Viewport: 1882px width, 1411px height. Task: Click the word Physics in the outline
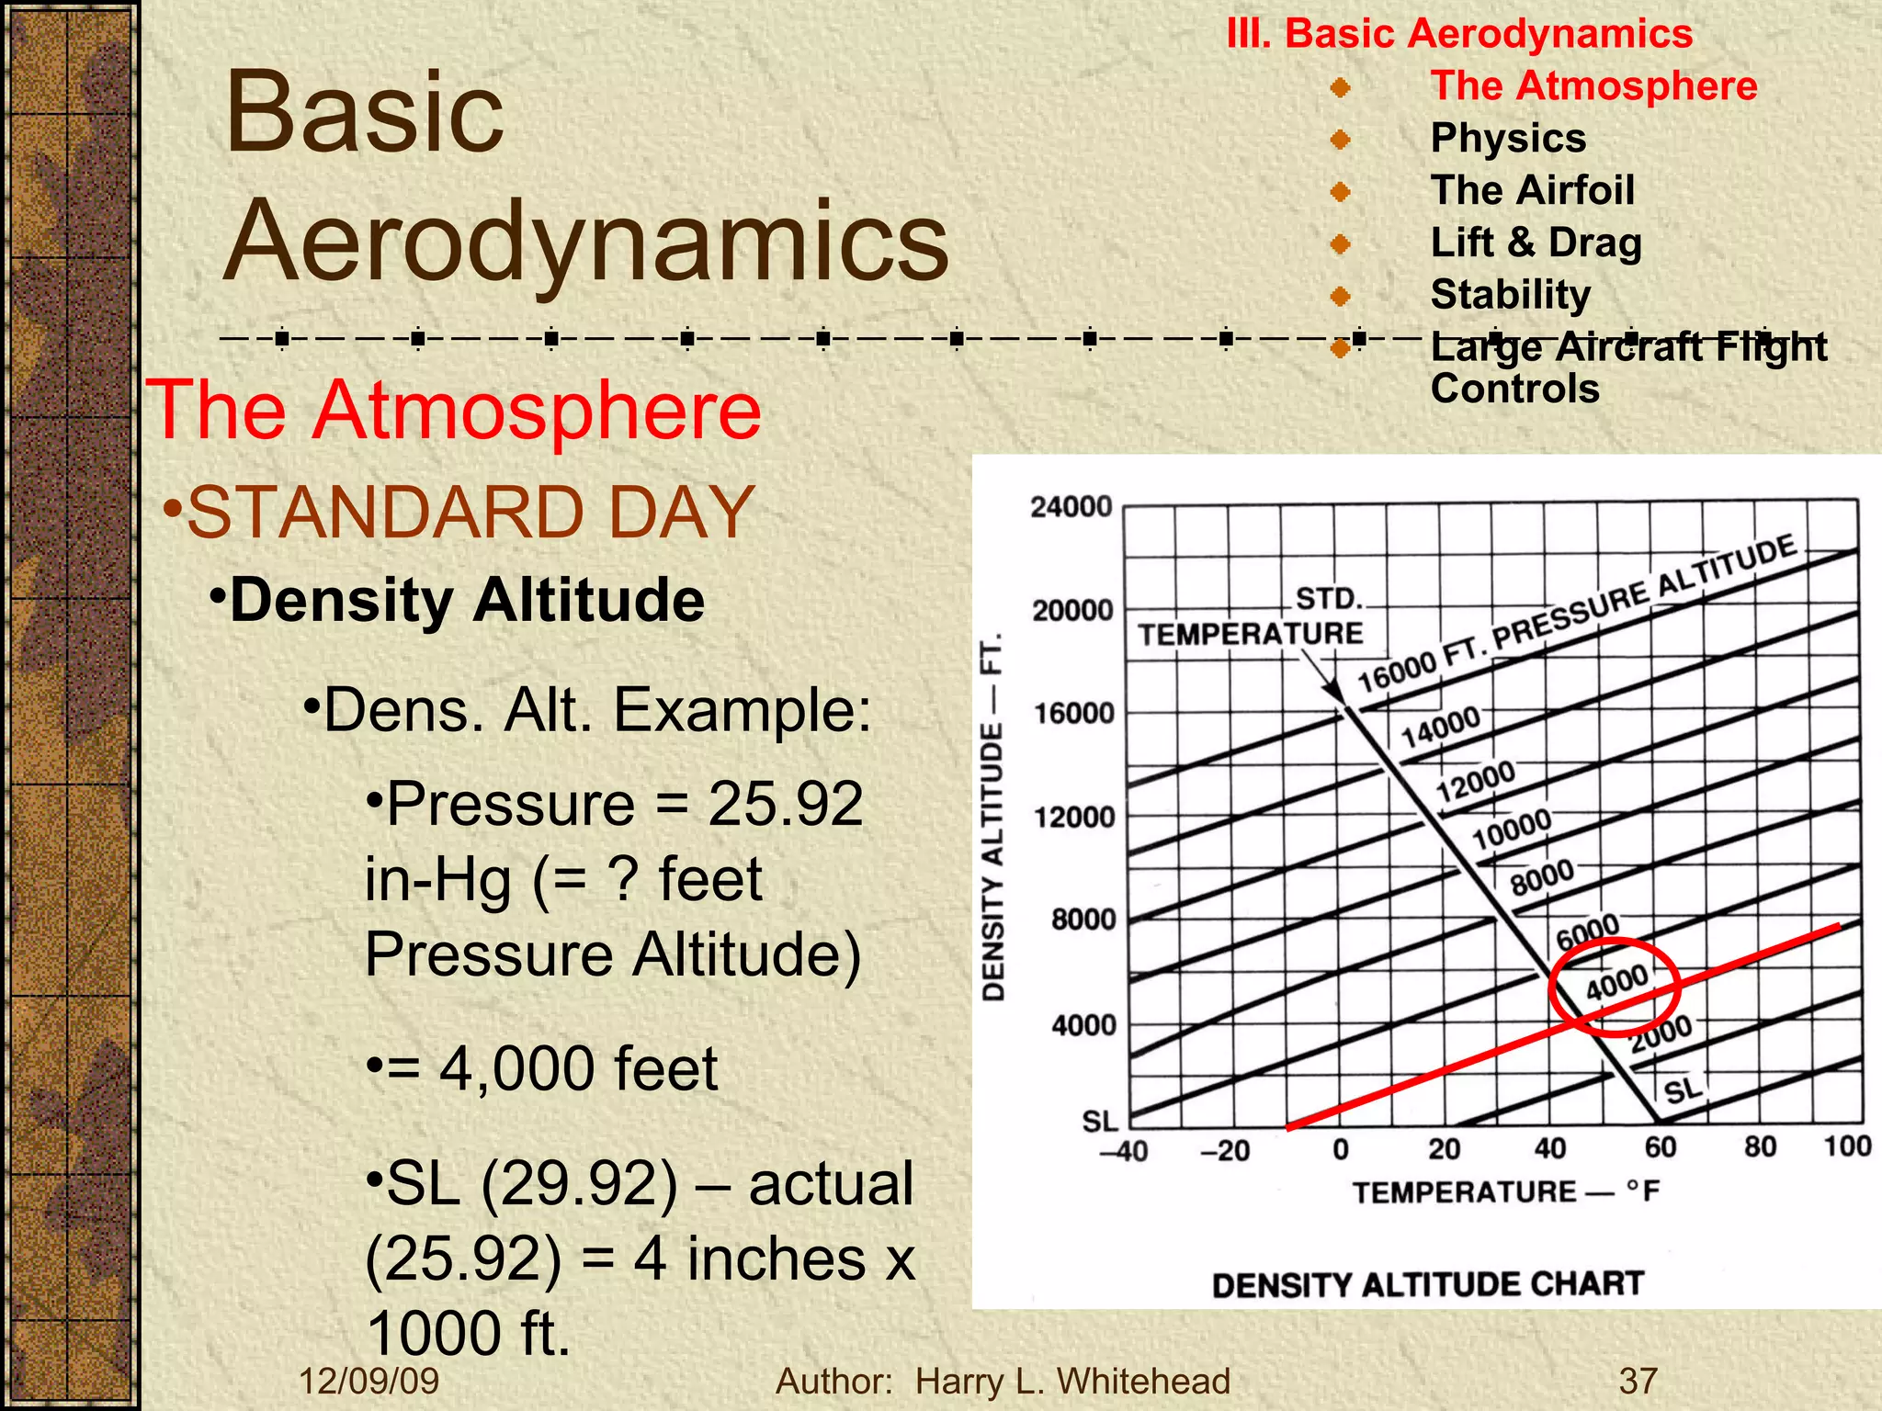tap(1508, 139)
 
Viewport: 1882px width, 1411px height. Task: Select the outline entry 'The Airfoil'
tap(1532, 191)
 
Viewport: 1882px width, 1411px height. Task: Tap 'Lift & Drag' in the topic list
tap(1536, 243)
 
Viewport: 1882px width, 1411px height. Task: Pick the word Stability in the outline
tap(1511, 295)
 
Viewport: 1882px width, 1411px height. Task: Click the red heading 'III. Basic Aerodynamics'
tap(1459, 34)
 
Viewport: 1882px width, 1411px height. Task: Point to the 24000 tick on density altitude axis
tap(1071, 507)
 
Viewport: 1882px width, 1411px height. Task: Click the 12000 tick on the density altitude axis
tap(1073, 817)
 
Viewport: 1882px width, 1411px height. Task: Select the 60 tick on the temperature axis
tap(1661, 1147)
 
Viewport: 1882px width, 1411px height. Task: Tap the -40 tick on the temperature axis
tap(1124, 1151)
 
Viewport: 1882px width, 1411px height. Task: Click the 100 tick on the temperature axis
tap(1847, 1146)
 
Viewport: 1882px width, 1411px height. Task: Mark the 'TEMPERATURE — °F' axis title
tap(1506, 1192)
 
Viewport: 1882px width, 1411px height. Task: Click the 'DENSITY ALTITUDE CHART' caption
tap(1427, 1284)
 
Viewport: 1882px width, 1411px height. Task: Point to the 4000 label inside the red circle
tap(1616, 983)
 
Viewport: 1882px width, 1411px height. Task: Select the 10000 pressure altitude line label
tap(1512, 830)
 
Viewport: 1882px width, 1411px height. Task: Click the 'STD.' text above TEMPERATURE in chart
tap(1328, 599)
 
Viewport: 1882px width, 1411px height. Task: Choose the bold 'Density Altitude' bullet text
tap(467, 601)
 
